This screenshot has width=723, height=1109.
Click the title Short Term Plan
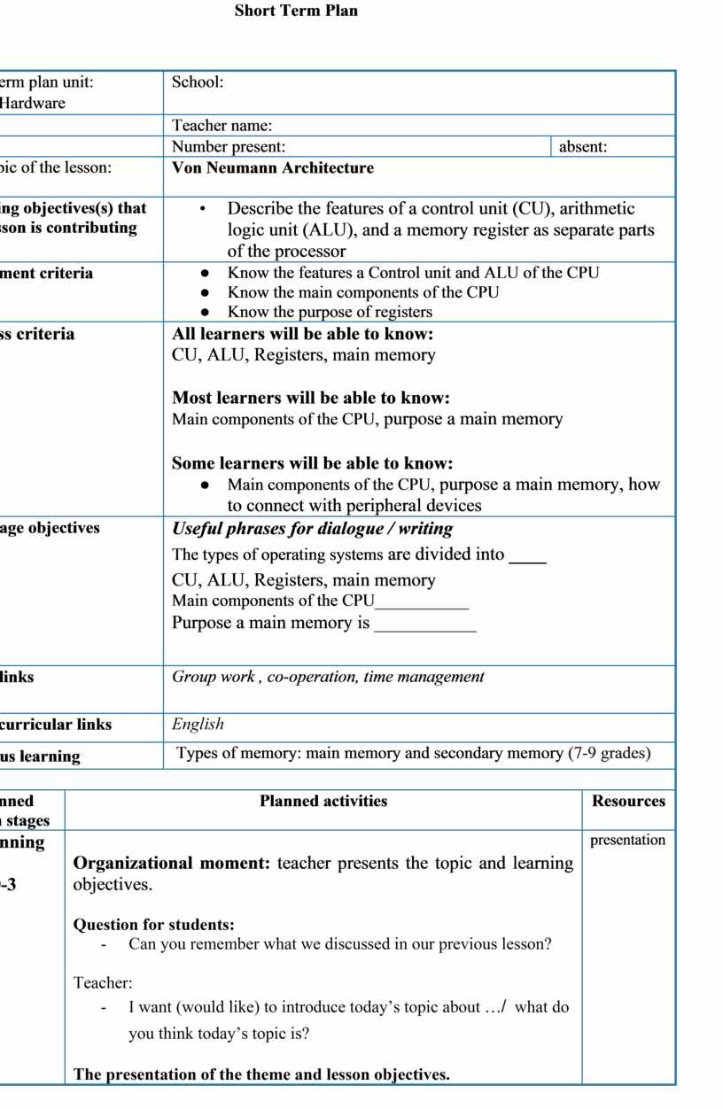point(296,11)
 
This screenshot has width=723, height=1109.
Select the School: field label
point(198,82)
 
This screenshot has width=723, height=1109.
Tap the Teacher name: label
point(222,126)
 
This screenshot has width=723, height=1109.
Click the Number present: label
point(229,147)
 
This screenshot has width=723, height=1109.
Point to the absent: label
point(583,147)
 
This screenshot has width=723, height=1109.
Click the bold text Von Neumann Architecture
point(273,167)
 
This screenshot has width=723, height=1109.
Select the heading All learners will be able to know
point(302,334)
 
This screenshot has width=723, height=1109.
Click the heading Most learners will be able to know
point(310,398)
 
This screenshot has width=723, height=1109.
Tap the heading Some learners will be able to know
point(312,463)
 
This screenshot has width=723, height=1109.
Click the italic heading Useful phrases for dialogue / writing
point(312,529)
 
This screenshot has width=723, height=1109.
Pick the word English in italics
point(198,724)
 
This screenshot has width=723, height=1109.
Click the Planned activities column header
point(323,801)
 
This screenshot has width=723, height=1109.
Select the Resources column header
point(628,801)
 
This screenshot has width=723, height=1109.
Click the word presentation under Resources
point(627,840)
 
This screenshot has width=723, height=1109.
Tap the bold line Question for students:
point(153,925)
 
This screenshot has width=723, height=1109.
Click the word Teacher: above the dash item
point(103,982)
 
